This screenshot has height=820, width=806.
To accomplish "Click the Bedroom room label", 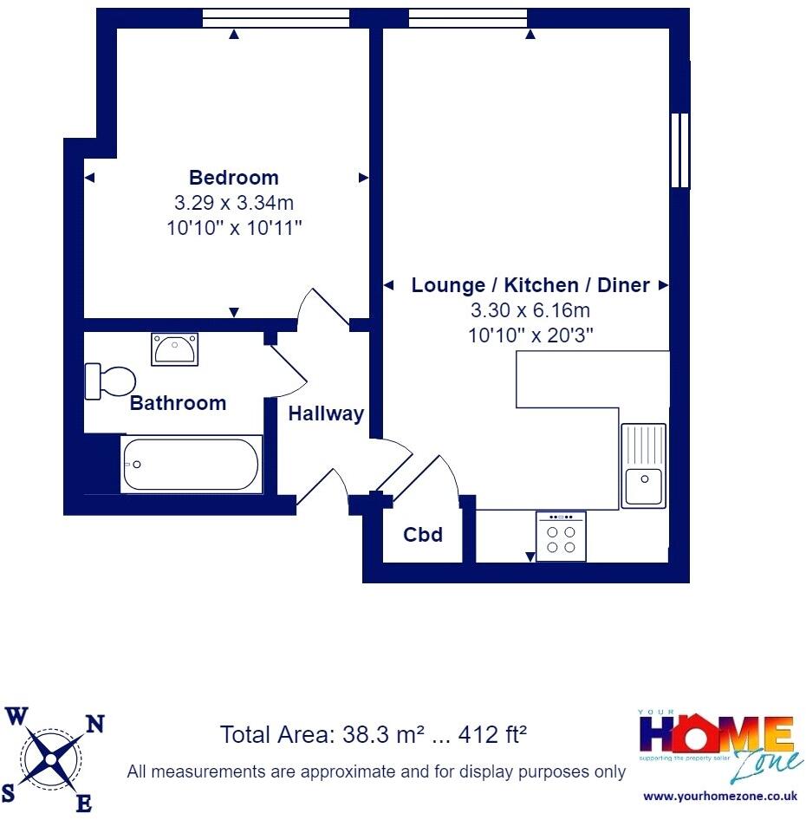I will point(234,178).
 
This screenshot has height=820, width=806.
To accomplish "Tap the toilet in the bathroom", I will point(110,381).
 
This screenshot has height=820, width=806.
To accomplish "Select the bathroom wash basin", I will point(174,350).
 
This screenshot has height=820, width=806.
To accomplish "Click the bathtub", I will point(191,464).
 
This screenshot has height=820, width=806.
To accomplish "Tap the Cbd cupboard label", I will point(423,535).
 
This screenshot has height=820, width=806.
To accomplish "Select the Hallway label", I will point(326,414).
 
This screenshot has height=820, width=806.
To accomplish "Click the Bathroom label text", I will point(178,403).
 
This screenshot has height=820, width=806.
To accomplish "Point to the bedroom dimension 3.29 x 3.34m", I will point(234,204).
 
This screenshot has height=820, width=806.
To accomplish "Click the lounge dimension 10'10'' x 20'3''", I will point(530,335).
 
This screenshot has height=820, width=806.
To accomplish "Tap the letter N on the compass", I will point(96,725).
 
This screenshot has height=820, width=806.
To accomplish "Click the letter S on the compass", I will point(9,793).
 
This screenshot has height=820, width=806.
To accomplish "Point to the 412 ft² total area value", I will point(489,736).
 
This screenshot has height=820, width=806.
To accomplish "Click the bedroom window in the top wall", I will point(275,18).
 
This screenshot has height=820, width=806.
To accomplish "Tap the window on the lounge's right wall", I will point(681,150).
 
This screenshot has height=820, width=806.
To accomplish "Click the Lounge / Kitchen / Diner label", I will point(530,285).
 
